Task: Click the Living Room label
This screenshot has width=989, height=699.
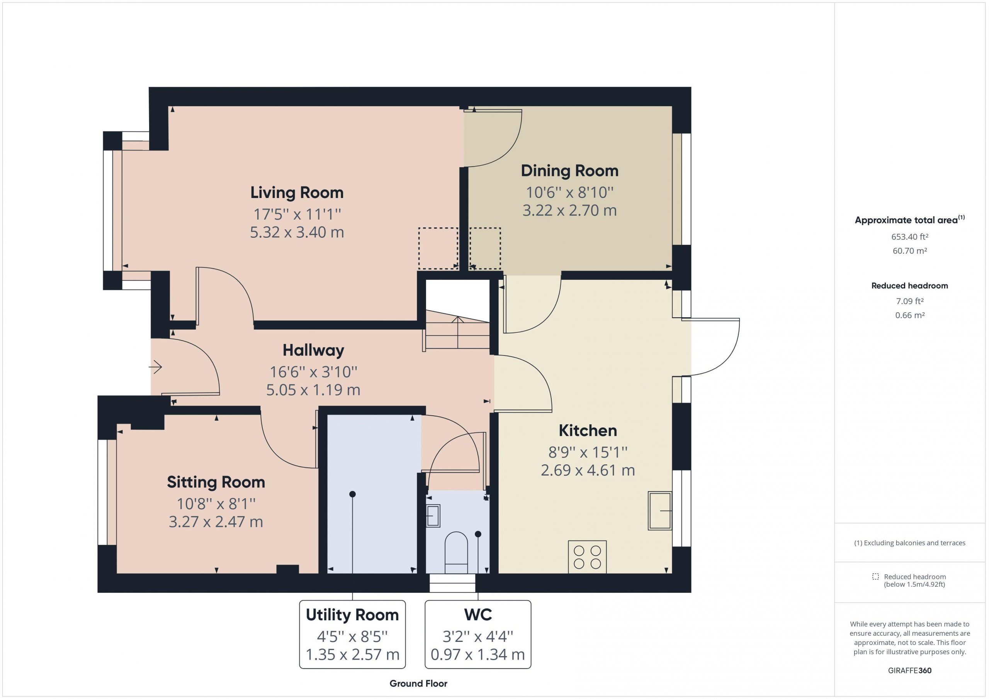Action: coord(297,192)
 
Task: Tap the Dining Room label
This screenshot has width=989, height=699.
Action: coord(569,171)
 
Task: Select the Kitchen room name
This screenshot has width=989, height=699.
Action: coord(588,430)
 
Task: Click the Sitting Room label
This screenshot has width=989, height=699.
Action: coord(216,482)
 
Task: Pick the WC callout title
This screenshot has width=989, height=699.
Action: coord(478,614)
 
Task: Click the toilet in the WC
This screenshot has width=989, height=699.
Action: coord(456,553)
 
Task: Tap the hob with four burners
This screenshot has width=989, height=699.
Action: coord(587,557)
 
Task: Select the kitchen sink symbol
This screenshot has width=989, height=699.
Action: coord(660,511)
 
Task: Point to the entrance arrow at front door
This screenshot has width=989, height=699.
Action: coord(156,367)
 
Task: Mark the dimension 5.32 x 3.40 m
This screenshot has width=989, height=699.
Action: coord(297,232)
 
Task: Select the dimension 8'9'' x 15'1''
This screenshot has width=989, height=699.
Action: coord(588,452)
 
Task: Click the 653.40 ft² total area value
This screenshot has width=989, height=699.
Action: coord(909,237)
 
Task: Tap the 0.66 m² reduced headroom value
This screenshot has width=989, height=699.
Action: coord(909,315)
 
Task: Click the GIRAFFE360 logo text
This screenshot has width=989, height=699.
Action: coord(909,670)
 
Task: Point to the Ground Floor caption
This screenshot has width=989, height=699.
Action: coord(418,684)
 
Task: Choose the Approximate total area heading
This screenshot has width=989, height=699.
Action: coord(909,220)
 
